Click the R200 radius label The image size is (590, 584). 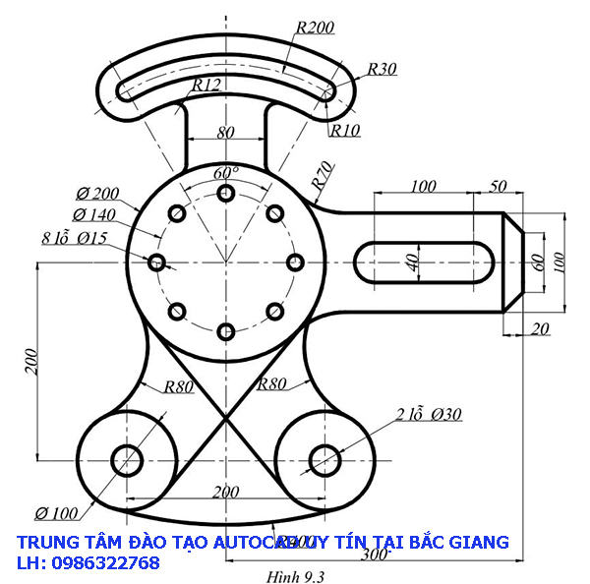(x=315, y=28)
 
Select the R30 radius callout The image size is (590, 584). (x=382, y=69)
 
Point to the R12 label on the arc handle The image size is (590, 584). (x=206, y=86)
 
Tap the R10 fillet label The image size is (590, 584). (x=345, y=129)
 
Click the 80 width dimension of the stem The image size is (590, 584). (x=225, y=132)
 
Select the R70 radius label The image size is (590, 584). (x=320, y=176)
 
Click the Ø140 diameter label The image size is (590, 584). (x=93, y=214)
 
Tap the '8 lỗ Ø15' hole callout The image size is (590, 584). (x=75, y=238)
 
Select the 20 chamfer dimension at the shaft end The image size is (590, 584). (x=539, y=329)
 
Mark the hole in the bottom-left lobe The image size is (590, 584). (x=128, y=459)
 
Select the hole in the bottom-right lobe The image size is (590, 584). (x=324, y=459)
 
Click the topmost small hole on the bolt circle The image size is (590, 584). (x=226, y=193)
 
